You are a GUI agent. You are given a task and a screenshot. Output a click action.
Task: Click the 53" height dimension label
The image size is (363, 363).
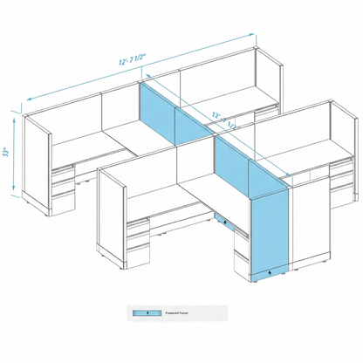[x=6, y=154]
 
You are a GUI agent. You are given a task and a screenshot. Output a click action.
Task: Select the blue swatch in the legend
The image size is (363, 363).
[x=140, y=311]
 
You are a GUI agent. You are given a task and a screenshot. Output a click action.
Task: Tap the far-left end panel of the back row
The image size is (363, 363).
[x=37, y=166]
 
